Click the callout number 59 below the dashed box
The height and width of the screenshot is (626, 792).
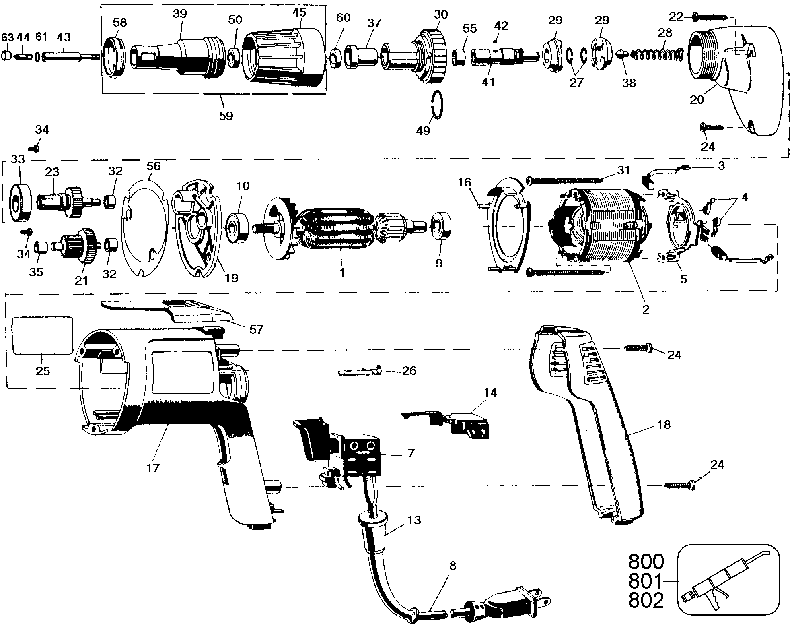point(226,116)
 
